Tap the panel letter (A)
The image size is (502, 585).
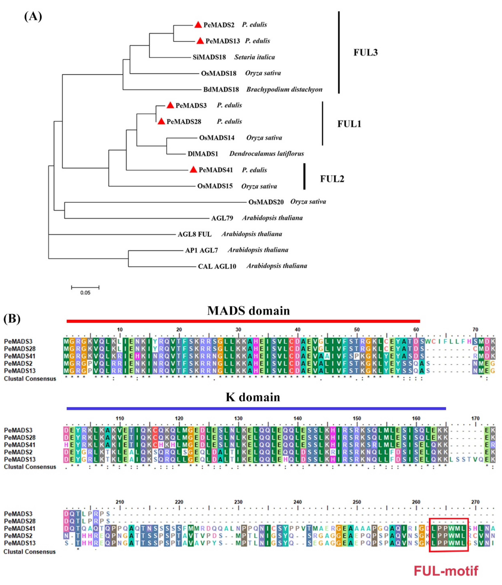33,16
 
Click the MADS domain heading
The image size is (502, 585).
248,311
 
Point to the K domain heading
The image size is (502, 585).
253,397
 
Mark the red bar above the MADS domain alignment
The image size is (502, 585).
243,321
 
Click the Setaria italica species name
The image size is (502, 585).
254,57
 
